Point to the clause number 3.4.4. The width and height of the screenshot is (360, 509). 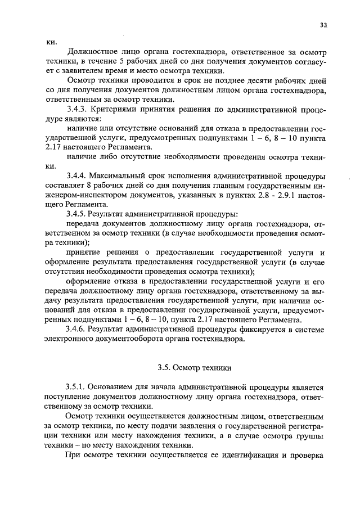(78, 176)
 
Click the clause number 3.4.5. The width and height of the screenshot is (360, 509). (78, 214)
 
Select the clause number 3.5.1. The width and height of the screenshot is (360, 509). (78, 388)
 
